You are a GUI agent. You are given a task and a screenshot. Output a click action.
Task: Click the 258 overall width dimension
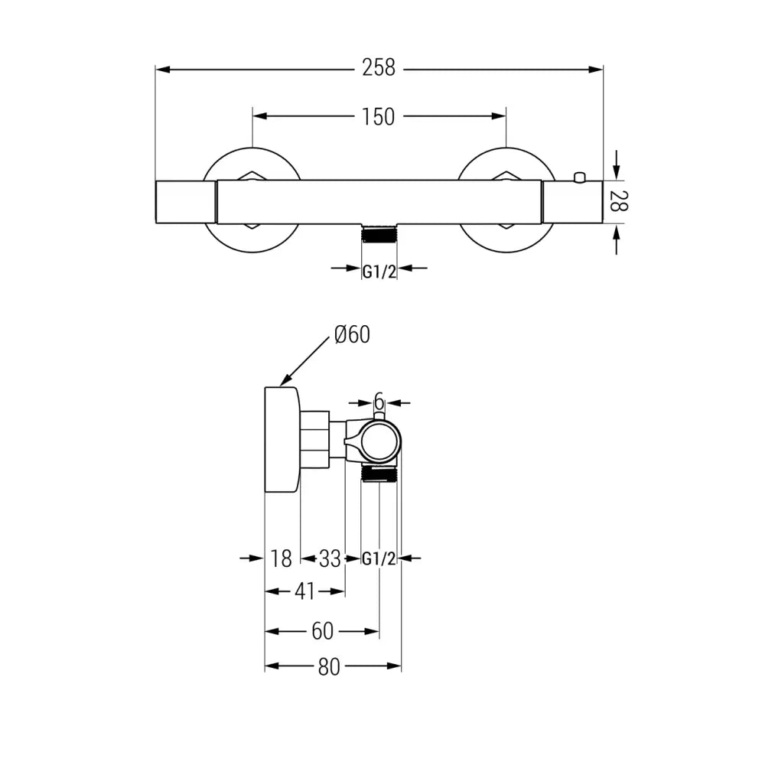click(379, 69)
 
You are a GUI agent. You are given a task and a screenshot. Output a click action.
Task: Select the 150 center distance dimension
click(379, 116)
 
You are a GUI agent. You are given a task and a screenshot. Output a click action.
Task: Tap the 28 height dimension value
click(618, 202)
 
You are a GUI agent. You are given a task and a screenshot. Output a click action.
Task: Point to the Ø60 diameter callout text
click(351, 335)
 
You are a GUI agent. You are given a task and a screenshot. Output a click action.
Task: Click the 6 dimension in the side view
click(379, 401)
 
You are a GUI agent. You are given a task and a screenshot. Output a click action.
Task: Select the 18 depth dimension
click(282, 559)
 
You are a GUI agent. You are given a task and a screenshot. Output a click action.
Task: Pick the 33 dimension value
click(330, 559)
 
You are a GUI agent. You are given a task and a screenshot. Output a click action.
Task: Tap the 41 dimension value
click(305, 591)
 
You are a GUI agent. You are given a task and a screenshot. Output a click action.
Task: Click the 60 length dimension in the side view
click(322, 632)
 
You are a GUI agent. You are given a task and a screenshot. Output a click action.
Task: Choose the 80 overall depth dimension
click(328, 667)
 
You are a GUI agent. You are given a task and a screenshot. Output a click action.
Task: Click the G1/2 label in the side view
click(379, 559)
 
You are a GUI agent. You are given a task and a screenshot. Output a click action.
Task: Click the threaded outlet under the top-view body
click(379, 234)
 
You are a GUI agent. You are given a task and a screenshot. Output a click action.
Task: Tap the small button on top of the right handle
click(579, 178)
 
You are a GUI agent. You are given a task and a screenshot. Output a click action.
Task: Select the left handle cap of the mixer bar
click(186, 203)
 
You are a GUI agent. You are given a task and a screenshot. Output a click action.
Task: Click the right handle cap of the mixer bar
click(574, 203)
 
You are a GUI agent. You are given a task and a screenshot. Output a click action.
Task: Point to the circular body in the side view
click(380, 441)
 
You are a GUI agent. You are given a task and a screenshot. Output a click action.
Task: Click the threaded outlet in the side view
click(379, 474)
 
